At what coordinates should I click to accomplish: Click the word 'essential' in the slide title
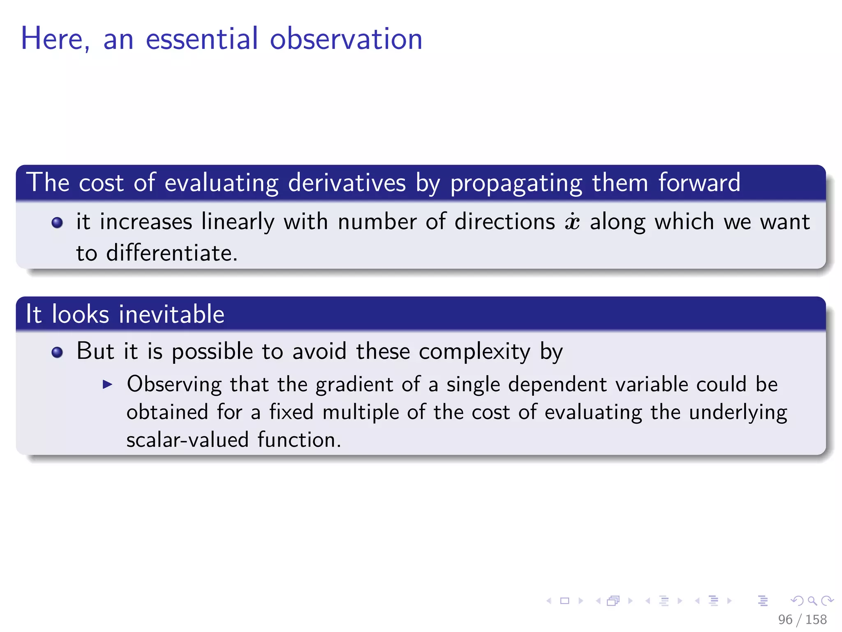(x=202, y=39)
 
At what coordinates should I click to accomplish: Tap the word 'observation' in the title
(x=346, y=39)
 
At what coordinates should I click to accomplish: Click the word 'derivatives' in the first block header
(x=347, y=183)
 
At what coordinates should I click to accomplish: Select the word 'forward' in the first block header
(x=699, y=183)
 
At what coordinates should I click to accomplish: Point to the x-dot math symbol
(x=572, y=222)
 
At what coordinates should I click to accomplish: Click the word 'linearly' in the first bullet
(x=238, y=222)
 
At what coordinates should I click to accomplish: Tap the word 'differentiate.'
(x=171, y=253)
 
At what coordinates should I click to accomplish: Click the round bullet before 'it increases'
(x=57, y=223)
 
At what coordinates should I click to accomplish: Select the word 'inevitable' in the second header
(x=171, y=314)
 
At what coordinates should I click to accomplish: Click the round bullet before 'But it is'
(x=57, y=353)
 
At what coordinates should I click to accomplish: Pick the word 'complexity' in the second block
(x=474, y=352)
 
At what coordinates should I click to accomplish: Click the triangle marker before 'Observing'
(x=107, y=385)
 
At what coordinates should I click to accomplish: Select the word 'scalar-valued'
(x=187, y=440)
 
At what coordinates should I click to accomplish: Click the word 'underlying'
(x=738, y=412)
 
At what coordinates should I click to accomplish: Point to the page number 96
(x=785, y=619)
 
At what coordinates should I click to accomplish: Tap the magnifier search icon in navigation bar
(x=812, y=601)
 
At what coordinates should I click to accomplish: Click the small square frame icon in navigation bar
(x=564, y=601)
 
